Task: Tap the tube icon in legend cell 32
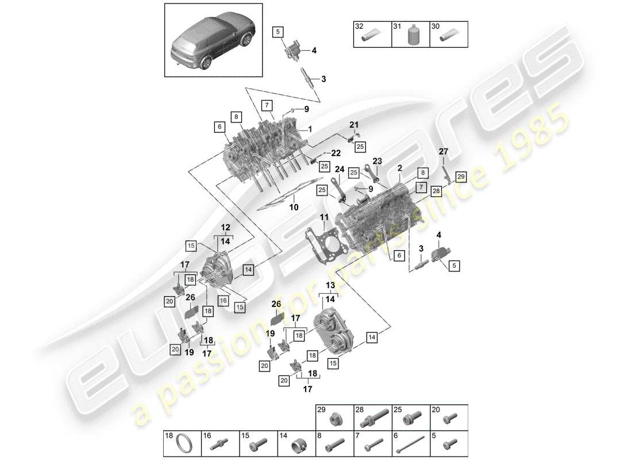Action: (x=371, y=39)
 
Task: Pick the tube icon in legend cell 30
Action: (x=448, y=39)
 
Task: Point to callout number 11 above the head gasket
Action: (x=324, y=217)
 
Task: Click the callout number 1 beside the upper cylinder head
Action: (x=310, y=129)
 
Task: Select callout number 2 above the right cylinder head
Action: (x=399, y=168)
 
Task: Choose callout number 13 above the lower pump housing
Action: (x=330, y=286)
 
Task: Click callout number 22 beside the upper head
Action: (x=335, y=152)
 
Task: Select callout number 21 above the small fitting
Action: (x=354, y=125)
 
